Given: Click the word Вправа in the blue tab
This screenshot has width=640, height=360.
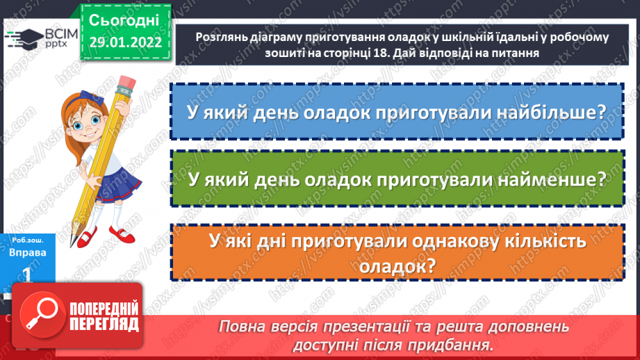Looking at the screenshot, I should pyautogui.click(x=28, y=253).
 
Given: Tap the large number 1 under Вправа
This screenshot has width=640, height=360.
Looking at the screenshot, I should pyautogui.click(x=28, y=276).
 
